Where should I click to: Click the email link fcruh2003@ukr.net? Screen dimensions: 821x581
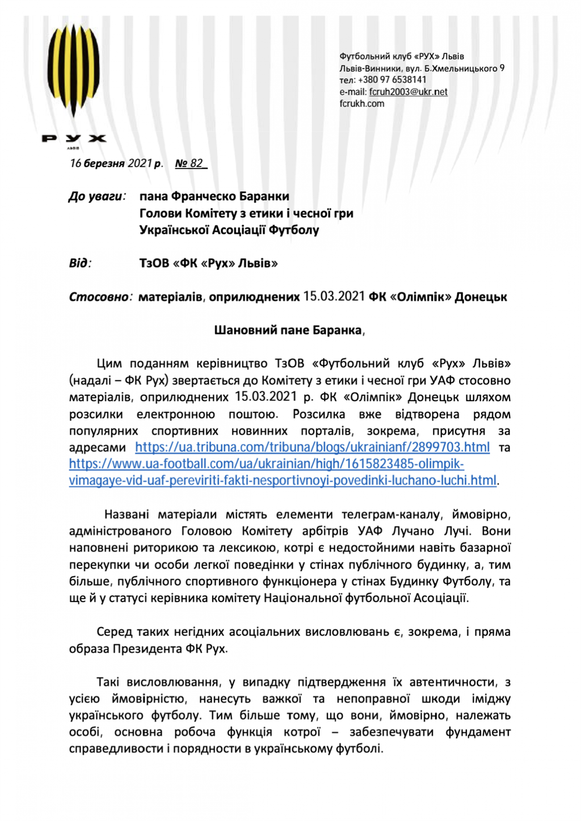coord(408,92)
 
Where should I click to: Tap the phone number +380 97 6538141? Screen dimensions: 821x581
coord(392,80)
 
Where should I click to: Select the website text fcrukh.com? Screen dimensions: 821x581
coord(362,104)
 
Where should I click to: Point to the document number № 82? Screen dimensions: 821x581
coord(190,163)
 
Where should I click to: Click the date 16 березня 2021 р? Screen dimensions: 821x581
coord(116,163)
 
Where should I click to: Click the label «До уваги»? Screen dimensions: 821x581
coord(96,196)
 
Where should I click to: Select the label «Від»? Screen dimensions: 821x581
coord(79,263)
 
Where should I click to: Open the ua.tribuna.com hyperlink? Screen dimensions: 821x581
coord(312,447)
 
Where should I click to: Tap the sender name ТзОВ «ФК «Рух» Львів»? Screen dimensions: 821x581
coord(208,263)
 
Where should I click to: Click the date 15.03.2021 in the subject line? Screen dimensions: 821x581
coord(334,297)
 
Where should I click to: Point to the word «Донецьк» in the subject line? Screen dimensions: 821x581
coord(481,297)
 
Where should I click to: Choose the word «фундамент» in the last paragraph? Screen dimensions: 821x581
coord(478,732)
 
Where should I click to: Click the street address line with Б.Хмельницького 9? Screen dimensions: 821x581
coord(422,69)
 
